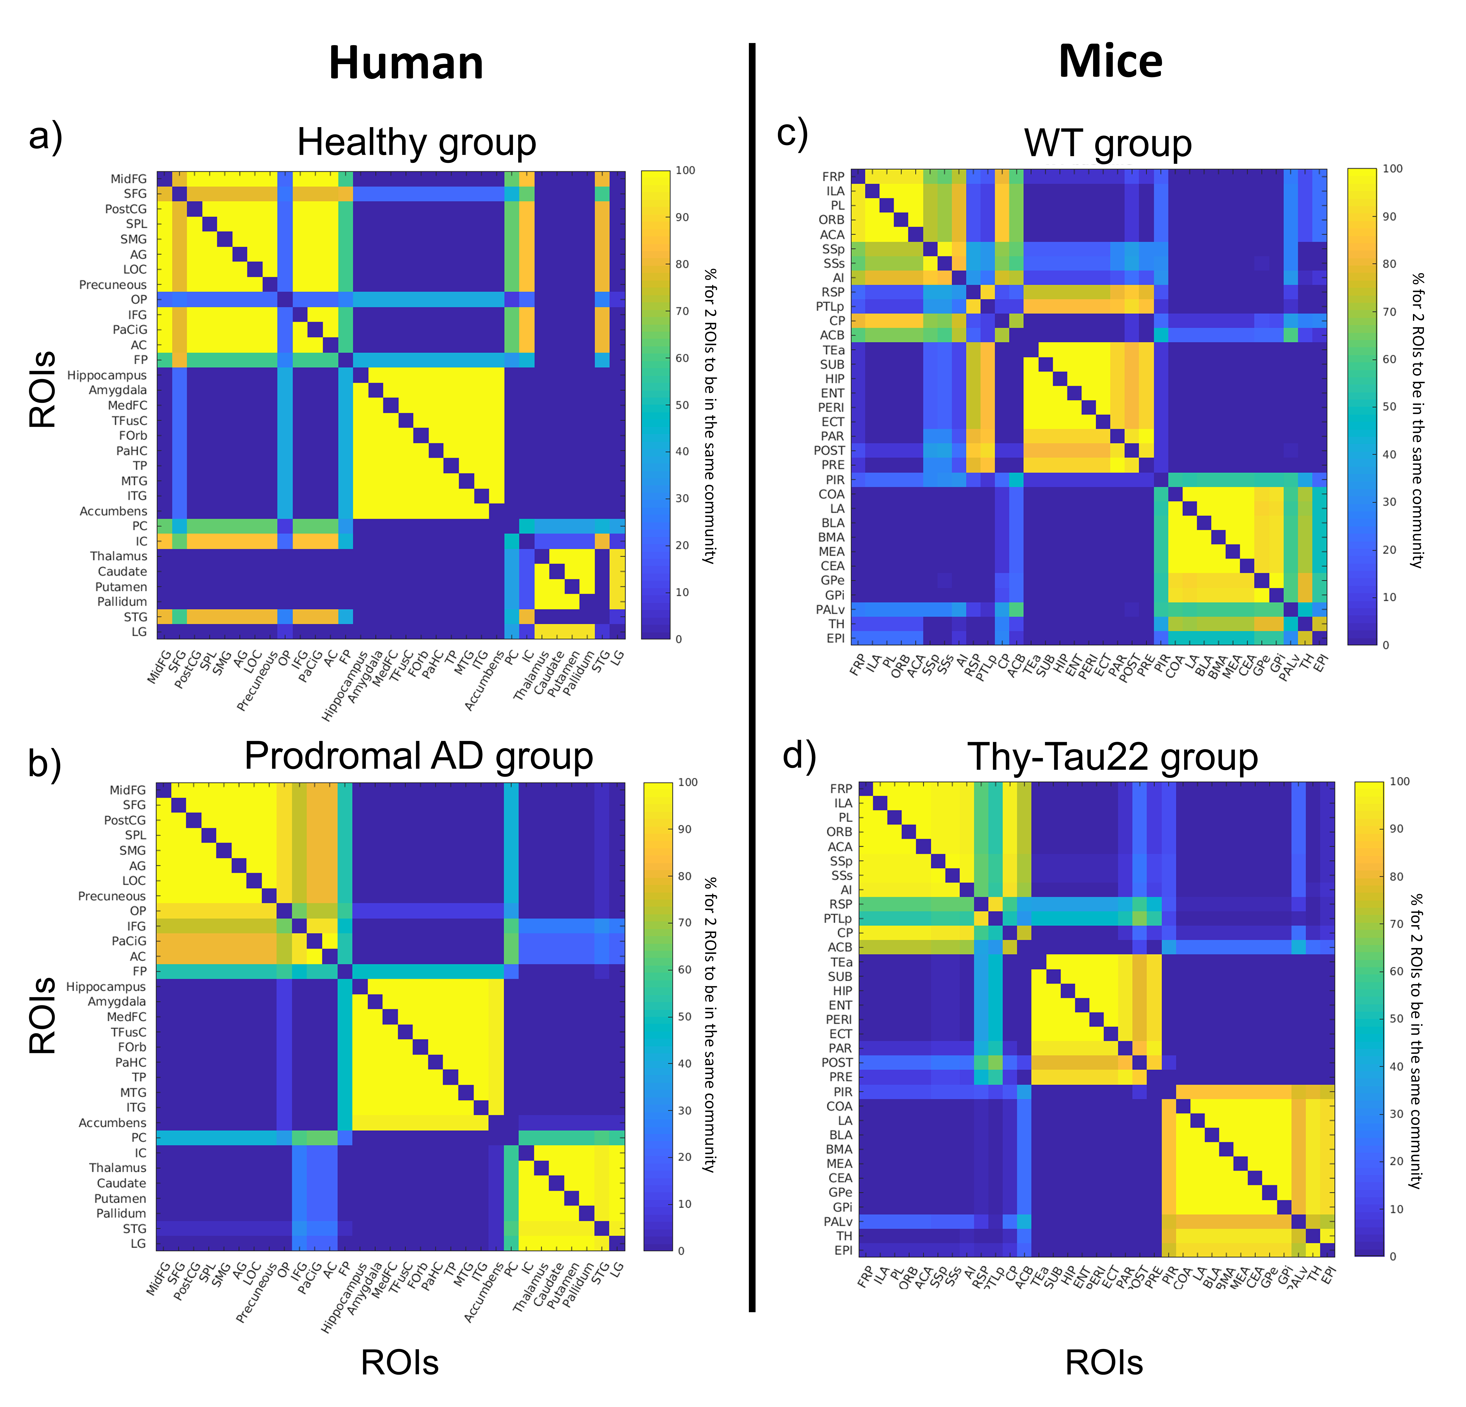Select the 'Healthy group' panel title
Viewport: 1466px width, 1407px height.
click(417, 142)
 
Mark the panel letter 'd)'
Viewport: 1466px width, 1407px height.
click(799, 755)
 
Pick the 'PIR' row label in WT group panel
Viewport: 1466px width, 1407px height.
click(835, 479)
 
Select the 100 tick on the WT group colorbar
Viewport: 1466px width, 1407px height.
click(1393, 169)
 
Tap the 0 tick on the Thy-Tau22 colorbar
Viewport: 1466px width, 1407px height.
click(1393, 1257)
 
